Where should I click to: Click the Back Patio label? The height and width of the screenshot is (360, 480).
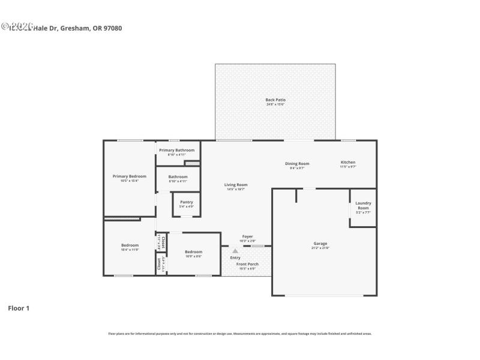[275, 100]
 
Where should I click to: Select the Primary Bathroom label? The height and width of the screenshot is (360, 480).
[176, 150]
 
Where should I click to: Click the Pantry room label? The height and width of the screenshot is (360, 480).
[186, 202]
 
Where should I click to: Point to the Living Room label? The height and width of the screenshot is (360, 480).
[236, 185]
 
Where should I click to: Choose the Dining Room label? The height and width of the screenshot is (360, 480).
[296, 163]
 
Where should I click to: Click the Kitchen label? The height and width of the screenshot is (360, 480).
[348, 162]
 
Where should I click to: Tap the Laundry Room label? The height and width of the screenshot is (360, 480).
[363, 205]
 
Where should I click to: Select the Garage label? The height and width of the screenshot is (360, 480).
[320, 243]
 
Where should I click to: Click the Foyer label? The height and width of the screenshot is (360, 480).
[247, 236]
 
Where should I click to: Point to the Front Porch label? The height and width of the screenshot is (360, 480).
[247, 264]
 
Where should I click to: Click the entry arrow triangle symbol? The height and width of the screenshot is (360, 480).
[235, 251]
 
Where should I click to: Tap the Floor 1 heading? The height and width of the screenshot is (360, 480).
[18, 308]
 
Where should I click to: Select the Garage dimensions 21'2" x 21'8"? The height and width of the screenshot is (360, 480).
[320, 248]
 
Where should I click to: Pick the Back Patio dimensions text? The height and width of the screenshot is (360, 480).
[275, 104]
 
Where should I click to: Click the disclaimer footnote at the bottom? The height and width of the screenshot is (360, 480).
[239, 334]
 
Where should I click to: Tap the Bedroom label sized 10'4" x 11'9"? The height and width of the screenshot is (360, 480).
[130, 245]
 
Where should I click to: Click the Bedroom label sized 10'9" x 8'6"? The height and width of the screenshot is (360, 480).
[193, 252]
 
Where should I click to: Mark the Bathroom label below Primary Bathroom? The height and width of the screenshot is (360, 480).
[178, 176]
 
